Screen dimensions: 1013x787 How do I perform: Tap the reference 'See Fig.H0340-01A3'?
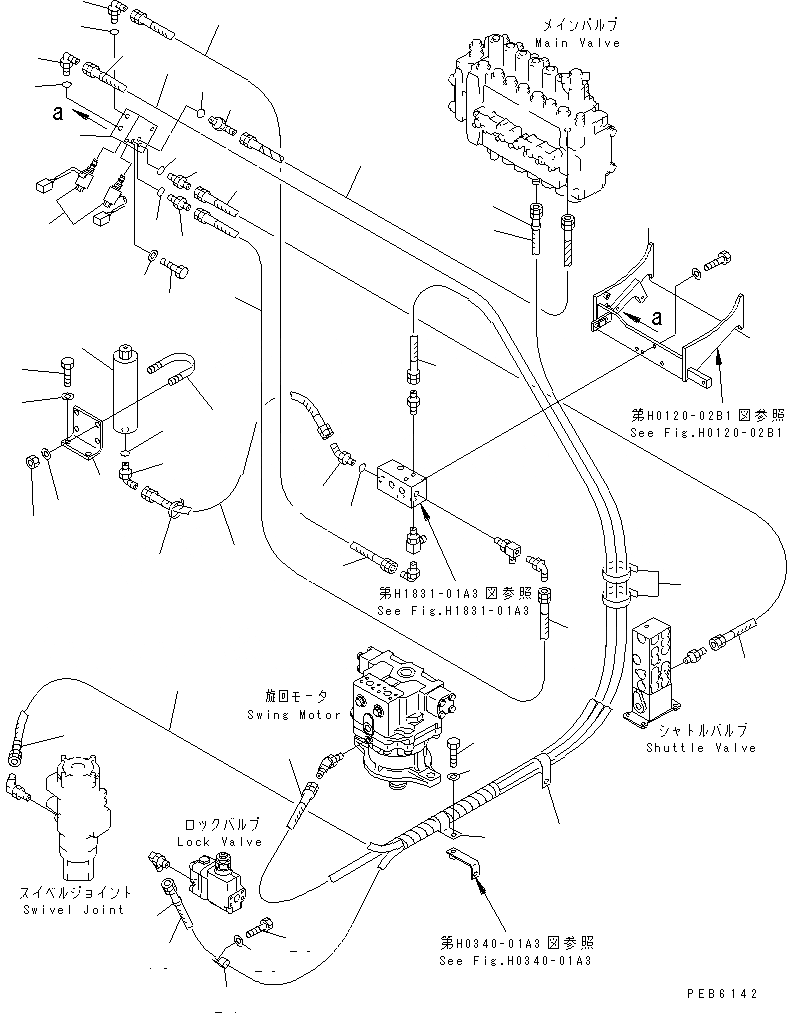[515, 960]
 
